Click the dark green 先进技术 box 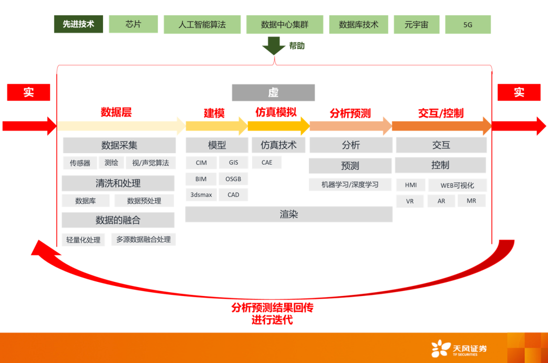[79, 24]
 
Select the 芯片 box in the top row [133, 24]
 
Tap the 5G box [468, 24]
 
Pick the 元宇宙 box [417, 24]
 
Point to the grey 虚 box [273, 92]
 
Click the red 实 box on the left [28, 92]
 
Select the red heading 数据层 [116, 113]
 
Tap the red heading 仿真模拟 [276, 113]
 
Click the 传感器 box [80, 163]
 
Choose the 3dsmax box [201, 195]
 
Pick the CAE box [267, 163]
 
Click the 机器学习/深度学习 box [350, 185]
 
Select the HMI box [410, 185]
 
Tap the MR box [471, 201]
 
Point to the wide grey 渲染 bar [289, 214]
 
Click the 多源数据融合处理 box [144, 239]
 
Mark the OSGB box [233, 179]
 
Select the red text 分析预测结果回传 [272, 308]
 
